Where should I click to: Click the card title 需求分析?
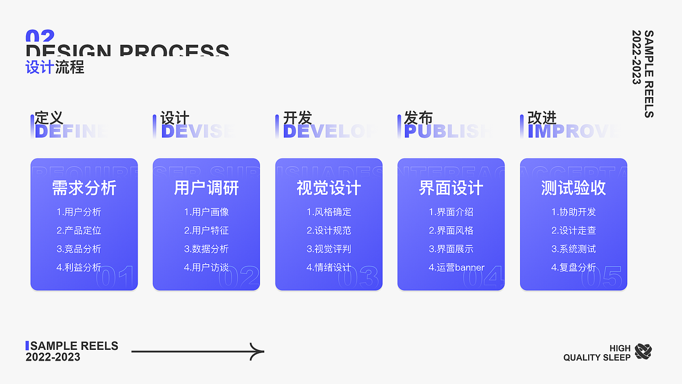(84, 188)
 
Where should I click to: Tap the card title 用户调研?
(206, 188)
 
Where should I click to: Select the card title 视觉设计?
(329, 188)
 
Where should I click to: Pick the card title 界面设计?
(451, 188)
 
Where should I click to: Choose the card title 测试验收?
(573, 188)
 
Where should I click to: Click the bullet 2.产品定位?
(79, 230)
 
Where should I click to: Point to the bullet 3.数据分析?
(206, 249)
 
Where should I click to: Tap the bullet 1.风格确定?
(329, 212)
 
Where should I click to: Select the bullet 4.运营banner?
(457, 268)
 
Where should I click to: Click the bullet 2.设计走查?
(573, 230)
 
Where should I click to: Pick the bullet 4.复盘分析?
(573, 268)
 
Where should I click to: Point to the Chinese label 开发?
(297, 118)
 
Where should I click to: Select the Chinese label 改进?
(542, 118)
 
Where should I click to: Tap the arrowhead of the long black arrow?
(258, 351)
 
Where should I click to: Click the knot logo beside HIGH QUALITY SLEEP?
(643, 351)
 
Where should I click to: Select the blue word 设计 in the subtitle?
(39, 67)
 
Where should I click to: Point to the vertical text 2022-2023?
(636, 57)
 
